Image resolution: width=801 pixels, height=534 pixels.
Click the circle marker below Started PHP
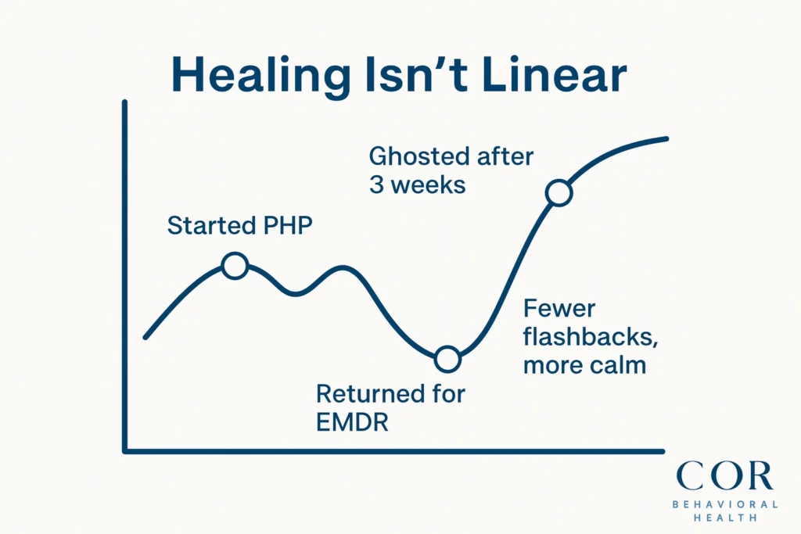coord(235,266)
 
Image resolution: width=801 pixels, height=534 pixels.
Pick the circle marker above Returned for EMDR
coord(447,359)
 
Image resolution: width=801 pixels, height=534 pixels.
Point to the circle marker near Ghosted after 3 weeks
coord(559,192)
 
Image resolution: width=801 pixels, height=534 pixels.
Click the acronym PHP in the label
coord(286,227)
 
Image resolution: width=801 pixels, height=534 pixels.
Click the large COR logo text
coord(724,476)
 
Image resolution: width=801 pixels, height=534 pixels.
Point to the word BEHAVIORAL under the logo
coord(724,504)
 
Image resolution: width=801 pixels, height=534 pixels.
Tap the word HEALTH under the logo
coord(724,518)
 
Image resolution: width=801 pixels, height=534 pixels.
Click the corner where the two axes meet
coord(125,451)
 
